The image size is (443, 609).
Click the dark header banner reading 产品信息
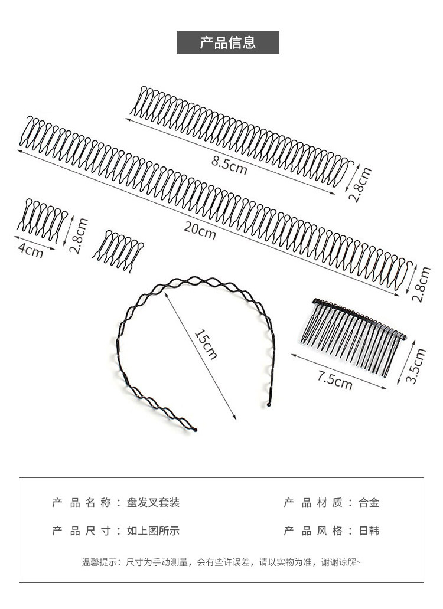pyautogui.click(x=227, y=43)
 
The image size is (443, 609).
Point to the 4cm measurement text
pyautogui.click(x=31, y=250)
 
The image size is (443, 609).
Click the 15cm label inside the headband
pyautogui.click(x=206, y=343)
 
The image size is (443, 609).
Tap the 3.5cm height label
pyautogui.click(x=418, y=366)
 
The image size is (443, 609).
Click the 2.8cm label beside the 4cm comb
pyautogui.click(x=79, y=235)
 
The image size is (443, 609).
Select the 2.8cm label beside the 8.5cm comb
pyautogui.click(x=360, y=185)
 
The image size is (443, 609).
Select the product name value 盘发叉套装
pyautogui.click(x=153, y=503)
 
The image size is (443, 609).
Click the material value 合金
pyautogui.click(x=369, y=503)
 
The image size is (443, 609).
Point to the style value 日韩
pyautogui.click(x=369, y=531)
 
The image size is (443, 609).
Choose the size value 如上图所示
pyautogui.click(x=153, y=531)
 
